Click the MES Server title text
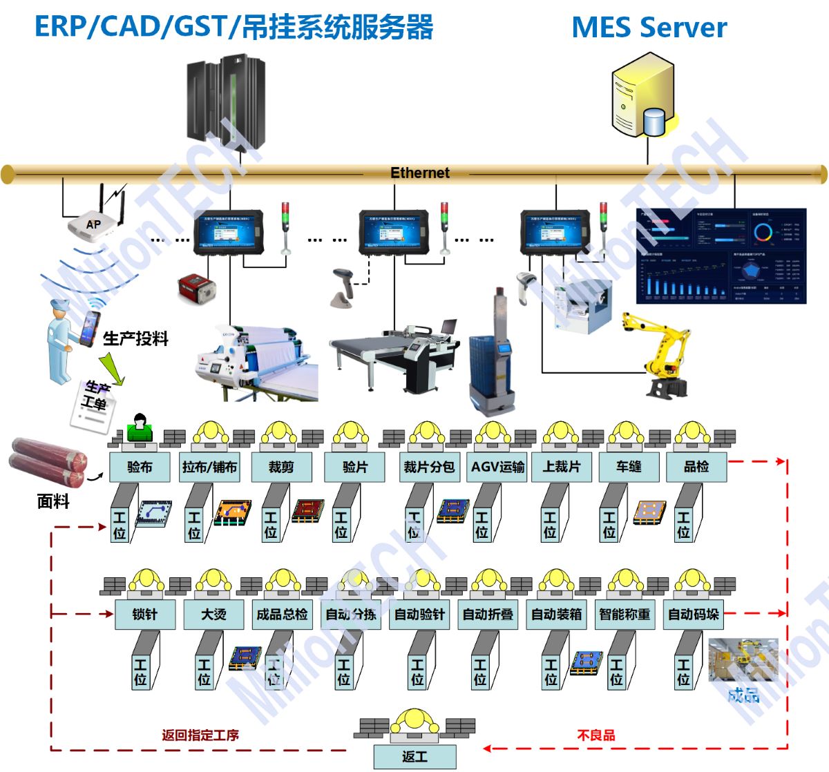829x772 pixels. [x=649, y=28]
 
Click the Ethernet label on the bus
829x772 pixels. [x=419, y=173]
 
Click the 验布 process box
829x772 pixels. [x=140, y=467]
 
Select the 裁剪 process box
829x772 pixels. [x=281, y=467]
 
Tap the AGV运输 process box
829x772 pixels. [x=497, y=467]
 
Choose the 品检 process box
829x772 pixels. [x=696, y=467]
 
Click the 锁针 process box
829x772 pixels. [x=145, y=614]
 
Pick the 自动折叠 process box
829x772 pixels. [x=488, y=614]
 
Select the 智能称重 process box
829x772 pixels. [x=625, y=614]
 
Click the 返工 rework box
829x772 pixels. [x=414, y=757]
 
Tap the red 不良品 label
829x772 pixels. [x=595, y=735]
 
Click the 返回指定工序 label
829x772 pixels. [x=200, y=735]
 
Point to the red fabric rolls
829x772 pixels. [x=48, y=461]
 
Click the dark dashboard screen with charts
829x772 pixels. [x=721, y=255]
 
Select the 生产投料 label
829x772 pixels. [x=136, y=338]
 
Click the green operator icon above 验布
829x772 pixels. [x=140, y=428]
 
